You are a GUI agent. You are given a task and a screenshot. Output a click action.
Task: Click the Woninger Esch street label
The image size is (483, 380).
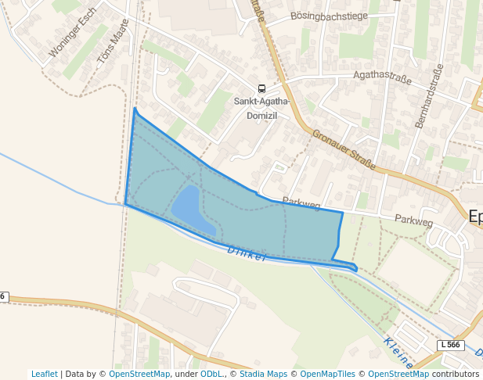tap(72, 36)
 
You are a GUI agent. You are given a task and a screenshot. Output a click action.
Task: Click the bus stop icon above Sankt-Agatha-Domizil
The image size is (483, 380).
tap(261, 88)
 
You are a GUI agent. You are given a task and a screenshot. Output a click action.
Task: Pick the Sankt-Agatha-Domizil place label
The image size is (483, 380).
tap(261, 108)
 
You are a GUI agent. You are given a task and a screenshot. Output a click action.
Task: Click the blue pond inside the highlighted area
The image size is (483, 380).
tap(190, 210)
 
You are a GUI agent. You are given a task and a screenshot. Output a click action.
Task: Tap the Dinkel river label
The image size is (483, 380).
tap(247, 253)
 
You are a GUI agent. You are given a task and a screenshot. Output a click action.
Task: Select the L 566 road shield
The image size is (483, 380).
tap(449, 345)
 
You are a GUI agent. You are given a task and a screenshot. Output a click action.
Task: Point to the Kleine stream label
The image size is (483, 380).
tap(398, 353)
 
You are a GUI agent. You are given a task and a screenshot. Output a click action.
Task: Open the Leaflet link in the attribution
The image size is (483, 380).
tap(45, 374)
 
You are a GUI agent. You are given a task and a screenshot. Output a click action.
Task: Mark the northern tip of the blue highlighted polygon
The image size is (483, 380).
tap(135, 109)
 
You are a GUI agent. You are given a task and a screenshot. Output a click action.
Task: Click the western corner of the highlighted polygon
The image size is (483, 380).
tap(125, 204)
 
